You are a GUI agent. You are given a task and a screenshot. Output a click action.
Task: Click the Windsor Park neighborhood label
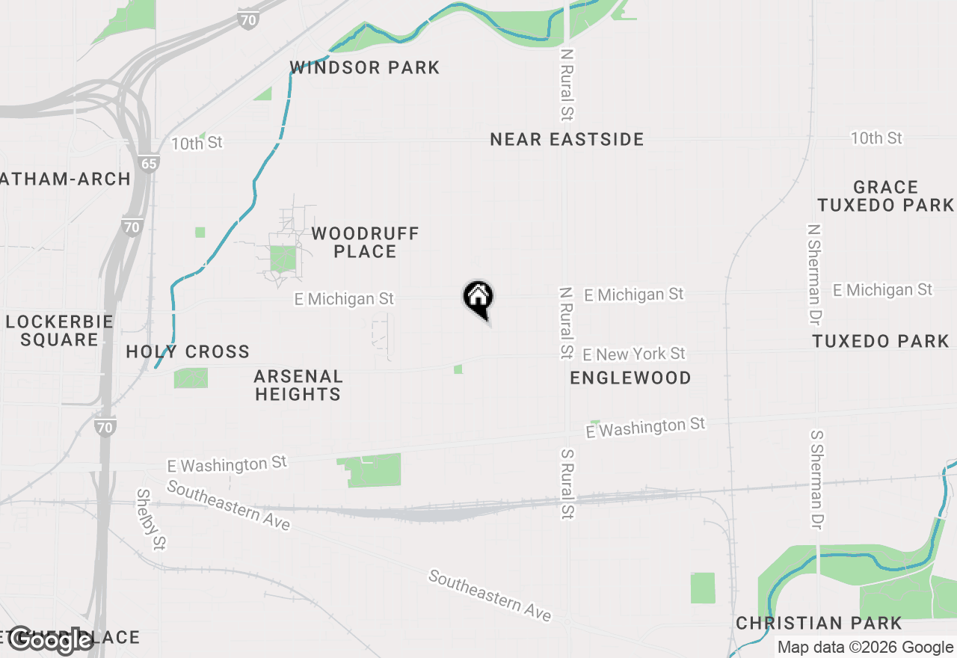pyautogui.click(x=365, y=67)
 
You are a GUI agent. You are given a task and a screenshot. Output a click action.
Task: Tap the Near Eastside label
pyautogui.click(x=567, y=139)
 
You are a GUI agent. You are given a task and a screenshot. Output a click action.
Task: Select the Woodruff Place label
pyautogui.click(x=365, y=242)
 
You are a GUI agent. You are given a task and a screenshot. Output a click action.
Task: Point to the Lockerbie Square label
pyautogui.click(x=59, y=330)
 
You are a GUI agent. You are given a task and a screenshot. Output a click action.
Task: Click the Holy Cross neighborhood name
pyautogui.click(x=188, y=351)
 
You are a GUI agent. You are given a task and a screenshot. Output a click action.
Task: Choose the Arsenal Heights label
pyautogui.click(x=298, y=385)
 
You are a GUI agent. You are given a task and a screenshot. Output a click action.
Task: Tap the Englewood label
pyautogui.click(x=630, y=378)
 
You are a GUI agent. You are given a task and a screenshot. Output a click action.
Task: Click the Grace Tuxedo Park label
pyautogui.click(x=886, y=196)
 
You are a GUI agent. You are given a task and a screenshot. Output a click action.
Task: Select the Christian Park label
pyautogui.click(x=819, y=623)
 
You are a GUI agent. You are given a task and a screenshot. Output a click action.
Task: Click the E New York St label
pyautogui.click(x=634, y=353)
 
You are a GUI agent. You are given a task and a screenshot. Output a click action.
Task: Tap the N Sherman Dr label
pyautogui.click(x=814, y=274)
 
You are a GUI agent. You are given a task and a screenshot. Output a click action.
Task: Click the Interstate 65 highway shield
pyautogui.click(x=150, y=164)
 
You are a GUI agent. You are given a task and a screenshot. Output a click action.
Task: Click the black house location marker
pyautogui.click(x=478, y=297)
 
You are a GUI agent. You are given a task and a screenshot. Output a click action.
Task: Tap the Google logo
pyautogui.click(x=50, y=640)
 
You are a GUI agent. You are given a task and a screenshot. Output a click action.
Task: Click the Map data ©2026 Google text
pyautogui.click(x=865, y=648)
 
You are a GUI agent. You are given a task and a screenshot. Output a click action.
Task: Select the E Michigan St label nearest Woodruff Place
pyautogui.click(x=344, y=299)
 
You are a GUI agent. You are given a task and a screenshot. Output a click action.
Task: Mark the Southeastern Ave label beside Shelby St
pyautogui.click(x=228, y=505)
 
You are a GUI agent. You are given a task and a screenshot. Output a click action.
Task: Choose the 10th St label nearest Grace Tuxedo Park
pyautogui.click(x=876, y=138)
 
